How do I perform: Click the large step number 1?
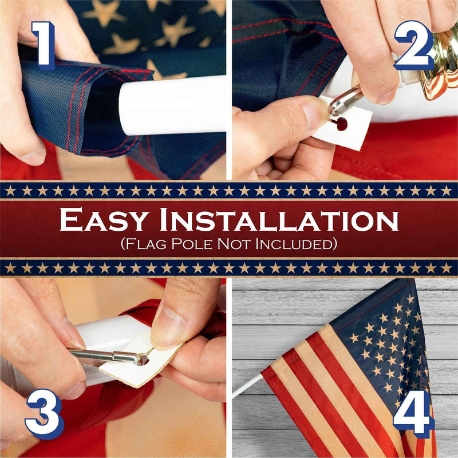44,46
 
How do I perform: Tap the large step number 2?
414,45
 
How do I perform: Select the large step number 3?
45,413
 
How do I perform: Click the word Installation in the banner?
279,219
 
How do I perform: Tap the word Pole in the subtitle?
192,244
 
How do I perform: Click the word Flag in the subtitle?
146,244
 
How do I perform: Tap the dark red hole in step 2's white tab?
342,124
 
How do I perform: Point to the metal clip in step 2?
345,101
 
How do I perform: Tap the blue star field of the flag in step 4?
382,342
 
